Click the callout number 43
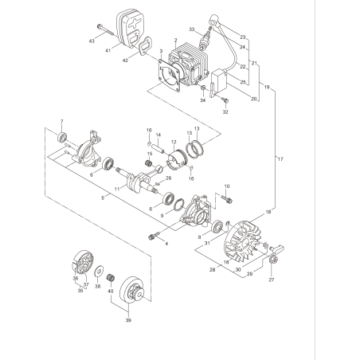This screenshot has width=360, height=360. (x=92, y=40)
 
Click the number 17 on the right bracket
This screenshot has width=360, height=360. (x=280, y=159)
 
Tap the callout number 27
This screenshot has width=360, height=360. (x=271, y=280)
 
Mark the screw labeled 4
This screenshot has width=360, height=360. (x=153, y=236)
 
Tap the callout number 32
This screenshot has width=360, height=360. (x=225, y=112)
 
